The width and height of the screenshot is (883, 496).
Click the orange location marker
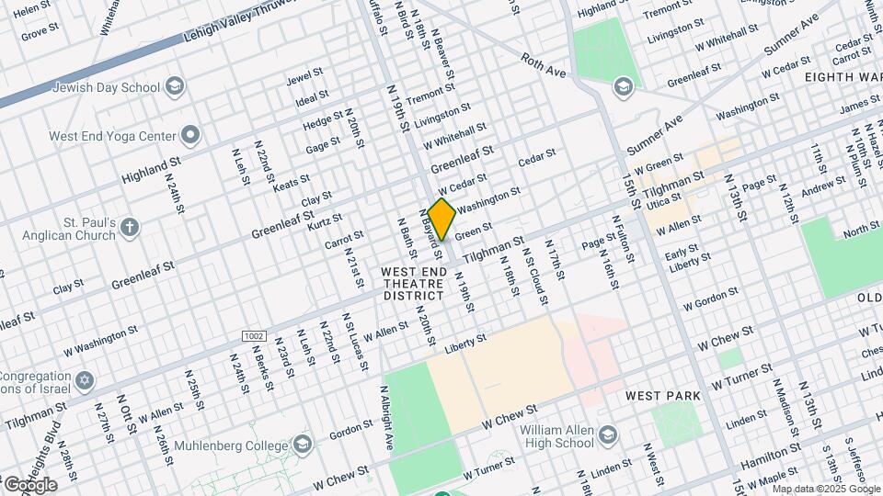point(441,219)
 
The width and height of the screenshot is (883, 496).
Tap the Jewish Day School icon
point(175,87)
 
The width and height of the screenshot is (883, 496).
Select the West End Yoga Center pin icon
point(190,136)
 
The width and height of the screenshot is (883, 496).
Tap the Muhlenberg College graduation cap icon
point(302,445)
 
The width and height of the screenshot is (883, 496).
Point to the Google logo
point(29,484)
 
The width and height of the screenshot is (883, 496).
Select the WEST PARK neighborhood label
point(662,396)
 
